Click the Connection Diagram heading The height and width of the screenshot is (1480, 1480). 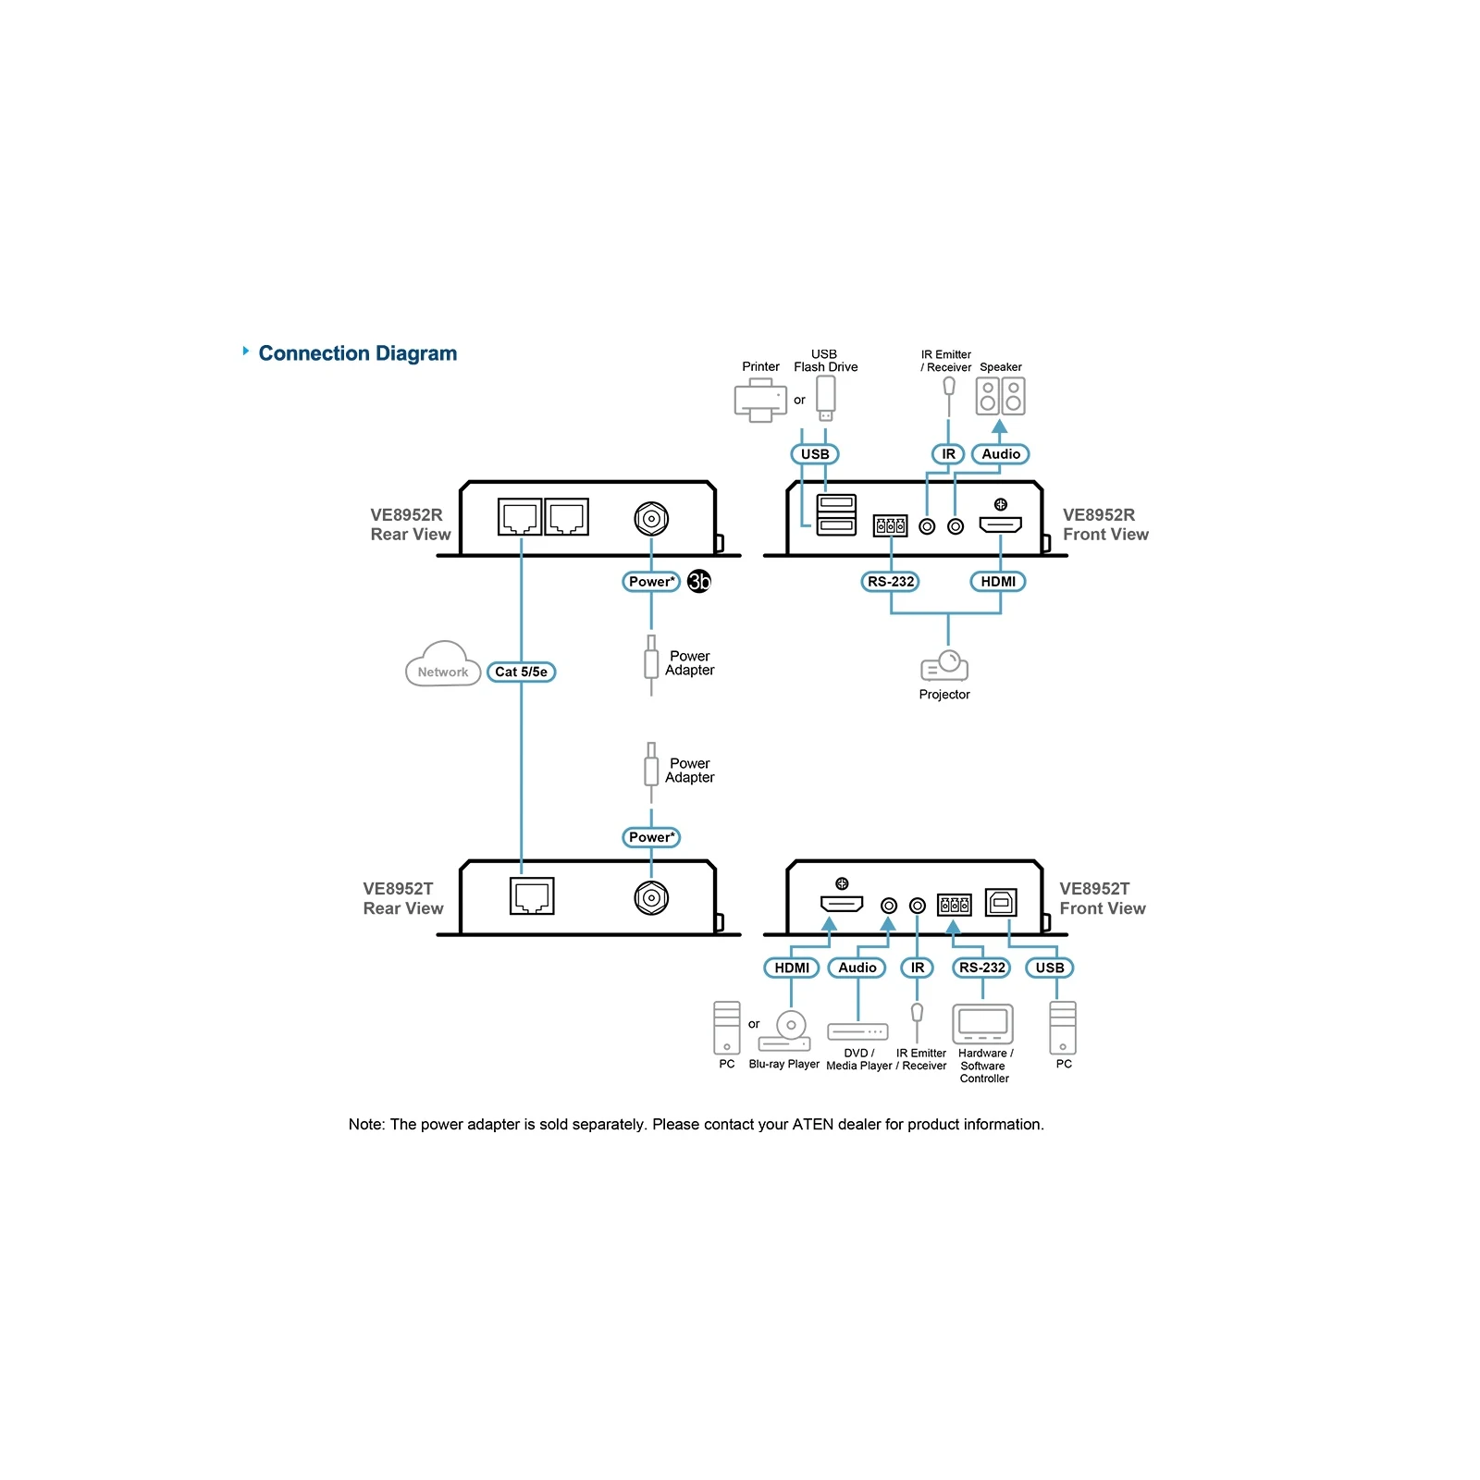[x=357, y=353]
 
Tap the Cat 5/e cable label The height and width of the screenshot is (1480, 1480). [x=521, y=672]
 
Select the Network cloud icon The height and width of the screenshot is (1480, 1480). [x=443, y=663]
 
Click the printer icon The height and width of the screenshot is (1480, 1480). [x=760, y=400]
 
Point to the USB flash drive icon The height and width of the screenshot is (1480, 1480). [x=826, y=398]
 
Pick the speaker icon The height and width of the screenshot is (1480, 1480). [x=1000, y=396]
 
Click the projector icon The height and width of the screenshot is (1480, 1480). [x=944, y=666]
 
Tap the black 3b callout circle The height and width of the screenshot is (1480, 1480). [x=699, y=581]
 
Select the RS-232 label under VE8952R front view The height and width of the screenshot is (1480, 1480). [x=890, y=581]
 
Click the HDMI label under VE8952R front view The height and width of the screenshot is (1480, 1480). [x=998, y=581]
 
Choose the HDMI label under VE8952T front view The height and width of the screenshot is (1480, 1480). [x=792, y=968]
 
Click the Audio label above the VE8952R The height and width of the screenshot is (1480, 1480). [x=1001, y=454]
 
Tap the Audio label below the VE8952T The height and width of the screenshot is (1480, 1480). [x=857, y=968]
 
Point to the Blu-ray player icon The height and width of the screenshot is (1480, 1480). [x=785, y=1030]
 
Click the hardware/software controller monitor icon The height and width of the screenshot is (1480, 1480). [x=983, y=1024]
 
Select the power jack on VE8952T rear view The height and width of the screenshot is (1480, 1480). [x=651, y=897]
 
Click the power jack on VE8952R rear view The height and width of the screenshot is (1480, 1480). [x=651, y=518]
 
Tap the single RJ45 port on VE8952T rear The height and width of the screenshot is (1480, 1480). [x=532, y=895]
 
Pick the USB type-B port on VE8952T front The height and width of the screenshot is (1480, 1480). [x=1001, y=902]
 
